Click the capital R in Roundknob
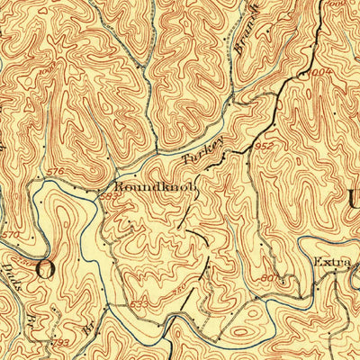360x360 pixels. click(x=118, y=179)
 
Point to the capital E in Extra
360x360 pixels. click(x=317, y=263)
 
